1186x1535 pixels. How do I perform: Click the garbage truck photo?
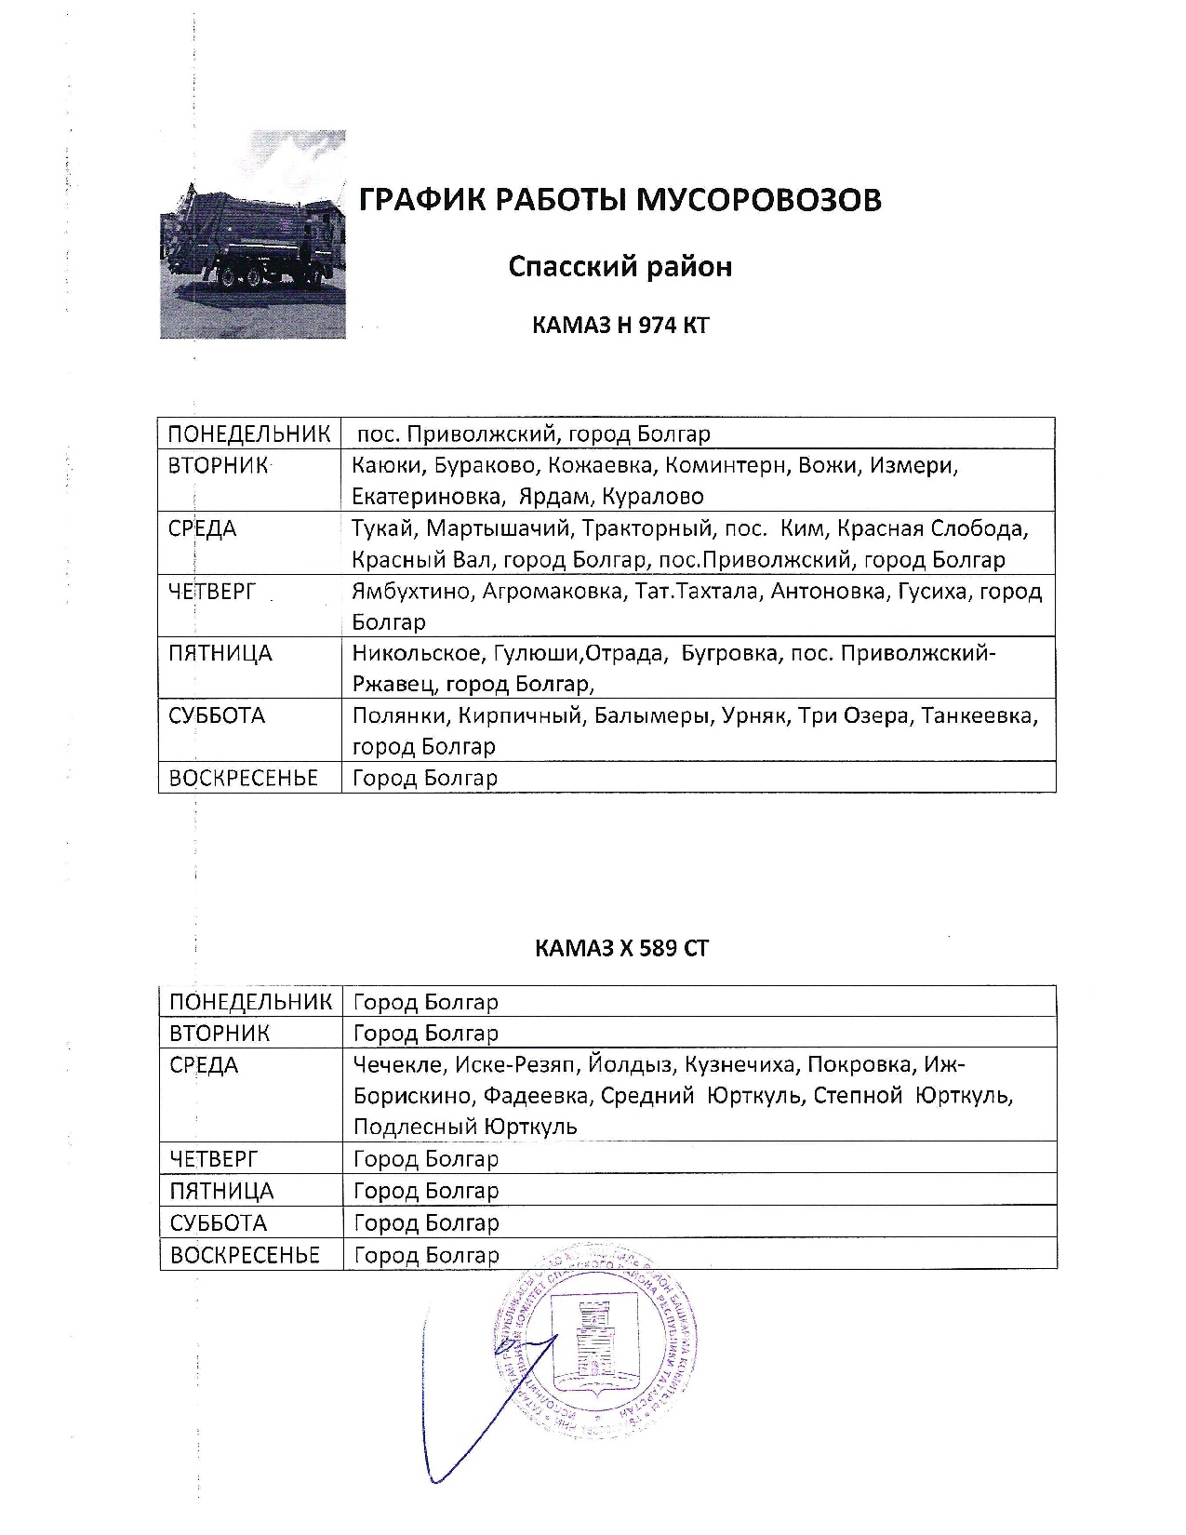pyautogui.click(x=253, y=234)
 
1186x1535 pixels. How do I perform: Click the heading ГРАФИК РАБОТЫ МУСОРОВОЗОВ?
pyautogui.click(x=620, y=200)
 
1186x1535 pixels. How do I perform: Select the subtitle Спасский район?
pyautogui.click(x=620, y=267)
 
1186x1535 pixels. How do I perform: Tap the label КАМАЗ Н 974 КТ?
pyautogui.click(x=620, y=326)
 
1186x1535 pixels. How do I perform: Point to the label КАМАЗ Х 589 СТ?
pyautogui.click(x=621, y=948)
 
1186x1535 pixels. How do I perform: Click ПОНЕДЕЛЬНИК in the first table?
pyautogui.click(x=249, y=434)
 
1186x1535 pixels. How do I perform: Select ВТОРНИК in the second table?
pyautogui.click(x=220, y=1033)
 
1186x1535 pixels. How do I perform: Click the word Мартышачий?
pyautogui.click(x=501, y=529)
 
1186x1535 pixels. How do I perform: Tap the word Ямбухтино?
pyautogui.click(x=412, y=592)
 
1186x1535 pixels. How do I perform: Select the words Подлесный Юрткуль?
pyautogui.click(x=465, y=1127)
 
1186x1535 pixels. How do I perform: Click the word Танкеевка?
pyautogui.click(x=979, y=716)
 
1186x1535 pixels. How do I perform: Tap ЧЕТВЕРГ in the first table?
pyautogui.click(x=212, y=592)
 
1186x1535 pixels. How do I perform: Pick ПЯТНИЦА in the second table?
pyautogui.click(x=221, y=1191)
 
